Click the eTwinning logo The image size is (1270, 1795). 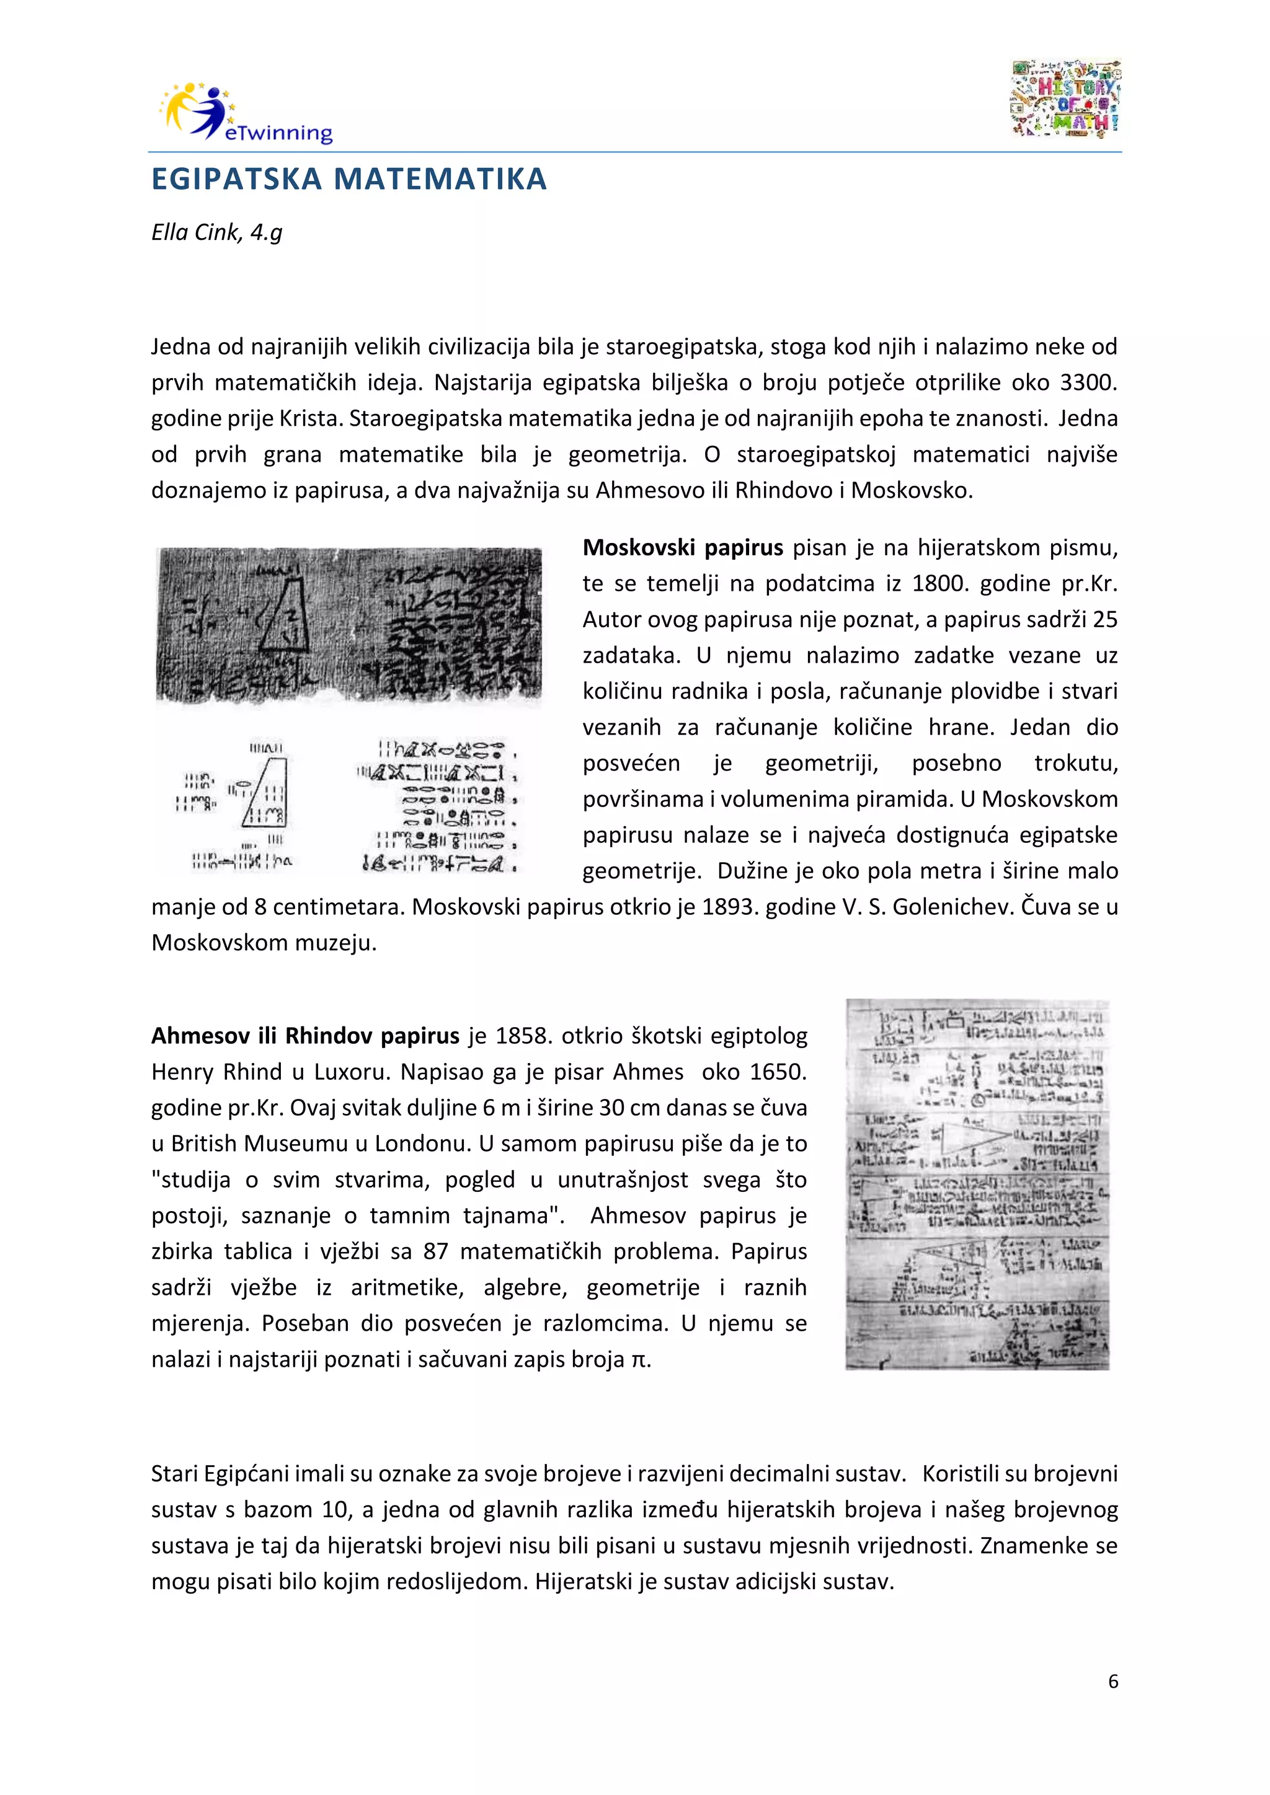click(246, 113)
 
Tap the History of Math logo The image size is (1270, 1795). click(1066, 99)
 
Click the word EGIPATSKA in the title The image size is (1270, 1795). click(236, 179)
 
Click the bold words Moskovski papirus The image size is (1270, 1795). click(682, 547)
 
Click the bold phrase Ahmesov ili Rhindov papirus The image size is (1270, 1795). click(305, 1036)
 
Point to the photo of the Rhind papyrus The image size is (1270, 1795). click(977, 1185)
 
